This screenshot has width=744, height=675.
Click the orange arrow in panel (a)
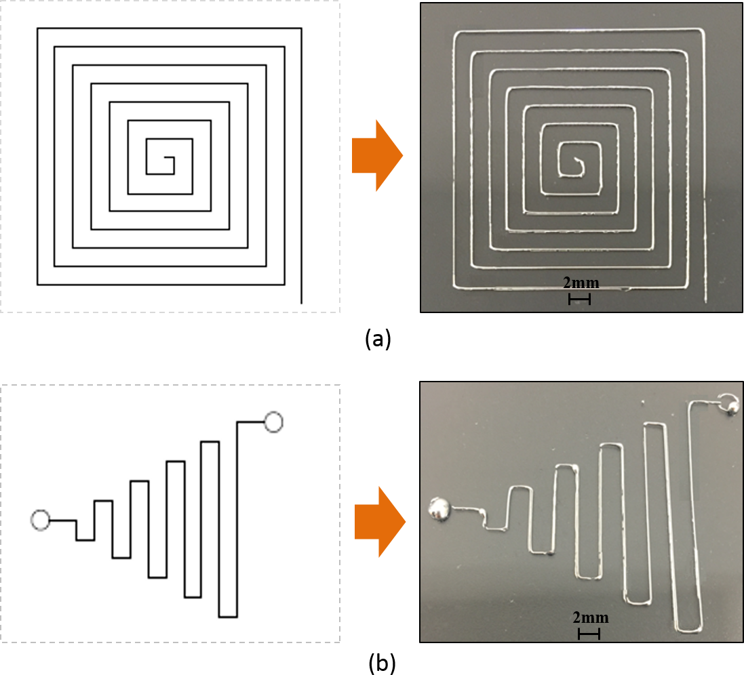point(376,157)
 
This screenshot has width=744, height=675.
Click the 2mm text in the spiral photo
point(581,283)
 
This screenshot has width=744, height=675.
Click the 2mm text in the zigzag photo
point(590,617)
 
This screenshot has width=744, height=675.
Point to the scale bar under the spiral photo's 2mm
point(579,299)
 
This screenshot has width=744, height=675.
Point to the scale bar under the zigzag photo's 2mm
point(589,634)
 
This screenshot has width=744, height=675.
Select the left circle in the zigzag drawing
point(41,520)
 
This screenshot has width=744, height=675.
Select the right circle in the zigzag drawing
point(273,422)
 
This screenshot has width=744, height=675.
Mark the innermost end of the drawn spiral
point(165,159)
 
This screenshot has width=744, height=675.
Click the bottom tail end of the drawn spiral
point(302,302)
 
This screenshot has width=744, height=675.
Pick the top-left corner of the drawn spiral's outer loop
point(38,29)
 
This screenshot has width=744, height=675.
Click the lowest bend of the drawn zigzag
point(228,617)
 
